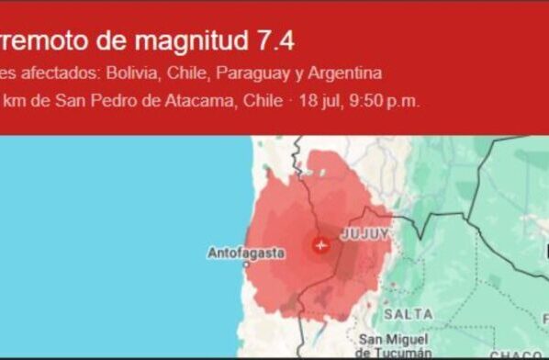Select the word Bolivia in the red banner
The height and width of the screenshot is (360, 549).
(x=130, y=73)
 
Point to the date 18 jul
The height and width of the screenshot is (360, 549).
(x=317, y=100)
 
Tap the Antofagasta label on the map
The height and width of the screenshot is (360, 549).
(x=245, y=252)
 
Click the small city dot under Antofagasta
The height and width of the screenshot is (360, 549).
(x=247, y=264)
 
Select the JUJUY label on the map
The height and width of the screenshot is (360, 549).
(x=364, y=235)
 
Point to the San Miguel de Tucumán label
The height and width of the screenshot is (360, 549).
(x=394, y=345)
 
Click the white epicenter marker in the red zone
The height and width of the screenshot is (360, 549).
(x=320, y=245)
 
